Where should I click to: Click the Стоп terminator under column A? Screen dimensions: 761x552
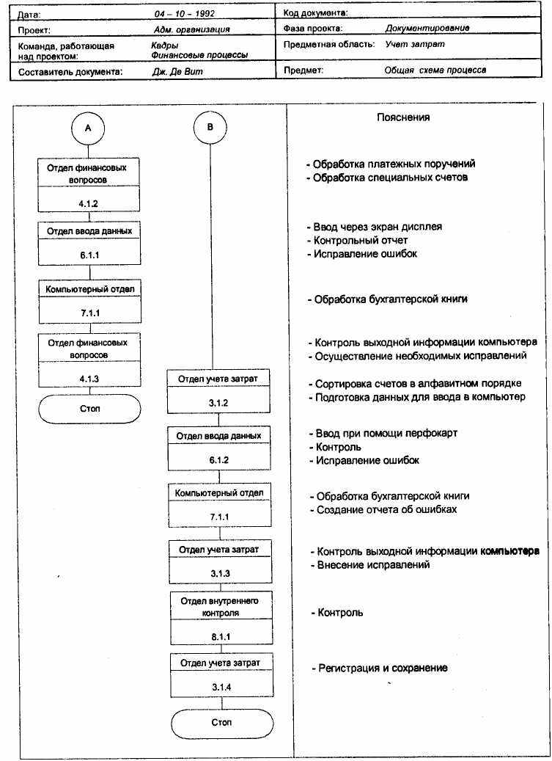click(x=89, y=408)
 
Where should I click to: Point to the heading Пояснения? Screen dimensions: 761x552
click(x=403, y=117)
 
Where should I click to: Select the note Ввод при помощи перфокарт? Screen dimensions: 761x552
click(x=386, y=433)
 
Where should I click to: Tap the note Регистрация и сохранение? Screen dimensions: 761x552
click(x=382, y=668)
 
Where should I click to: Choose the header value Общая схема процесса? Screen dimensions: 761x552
click(x=435, y=71)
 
